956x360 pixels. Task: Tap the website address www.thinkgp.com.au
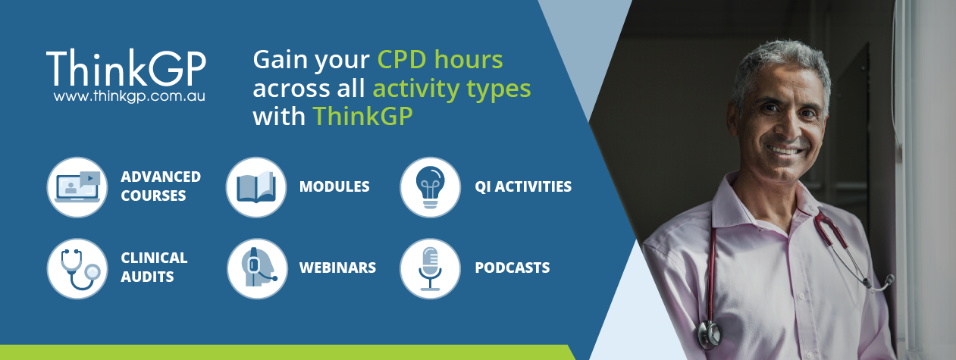130,97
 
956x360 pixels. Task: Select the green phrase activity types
451,89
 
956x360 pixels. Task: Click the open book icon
256,187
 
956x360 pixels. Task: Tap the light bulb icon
430,187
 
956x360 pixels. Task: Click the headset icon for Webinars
257,268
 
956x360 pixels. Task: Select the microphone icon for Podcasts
430,268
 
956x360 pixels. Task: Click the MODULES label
334,186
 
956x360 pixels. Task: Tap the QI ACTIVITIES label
523,186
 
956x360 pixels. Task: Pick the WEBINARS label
337,268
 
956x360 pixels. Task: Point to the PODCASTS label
512,268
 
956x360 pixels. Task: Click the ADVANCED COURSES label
161,186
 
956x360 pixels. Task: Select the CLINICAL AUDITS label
154,267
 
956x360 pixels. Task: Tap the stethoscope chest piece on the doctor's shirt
710,332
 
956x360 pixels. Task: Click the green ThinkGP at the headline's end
362,117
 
